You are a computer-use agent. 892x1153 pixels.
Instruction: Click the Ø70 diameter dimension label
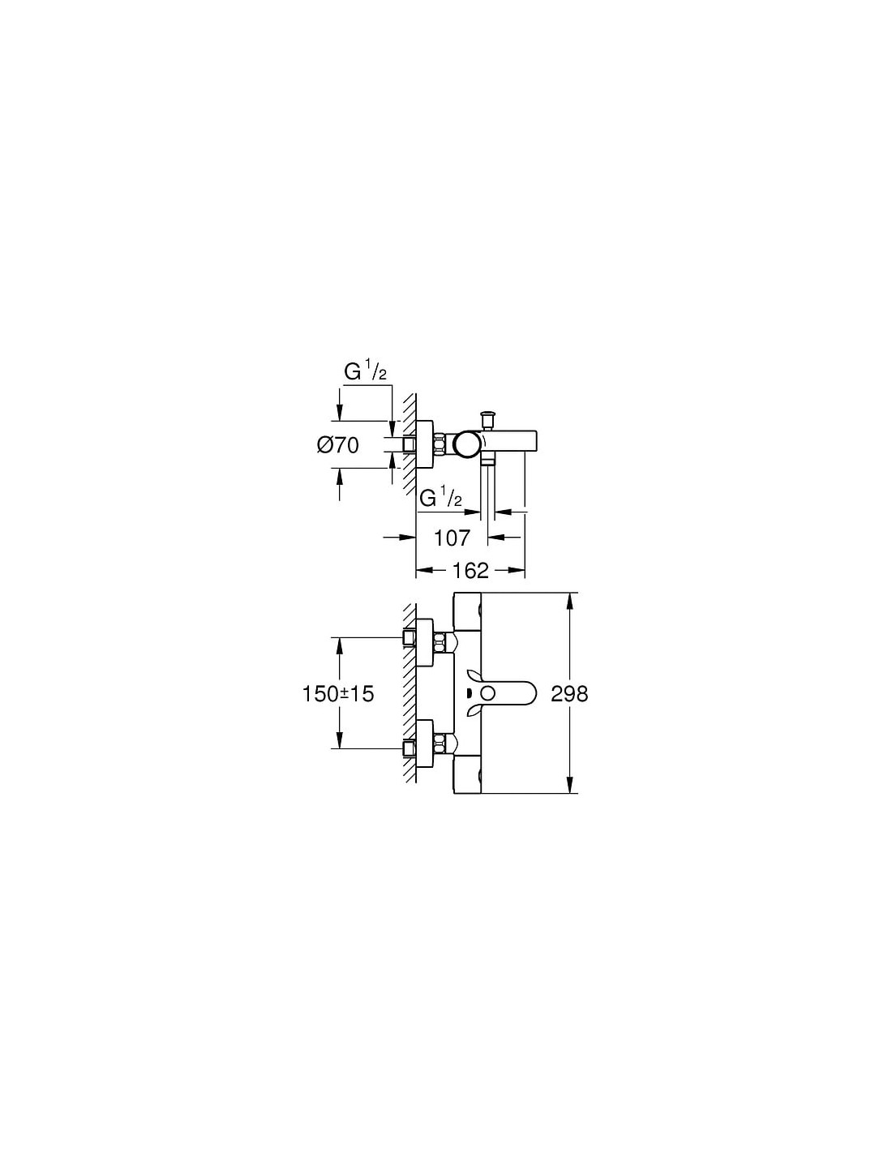point(338,445)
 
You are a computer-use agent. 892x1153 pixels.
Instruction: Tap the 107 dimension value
point(452,538)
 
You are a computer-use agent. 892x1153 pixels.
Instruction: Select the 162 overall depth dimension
point(470,570)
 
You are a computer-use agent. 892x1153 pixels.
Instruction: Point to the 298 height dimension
point(569,693)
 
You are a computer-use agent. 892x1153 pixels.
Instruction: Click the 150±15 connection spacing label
point(338,693)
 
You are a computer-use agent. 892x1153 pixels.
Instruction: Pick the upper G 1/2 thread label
point(366,372)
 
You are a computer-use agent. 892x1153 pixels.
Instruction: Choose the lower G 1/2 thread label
point(441,498)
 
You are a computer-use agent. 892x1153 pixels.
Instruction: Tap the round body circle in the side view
point(468,444)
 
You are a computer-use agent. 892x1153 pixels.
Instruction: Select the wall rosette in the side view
point(424,444)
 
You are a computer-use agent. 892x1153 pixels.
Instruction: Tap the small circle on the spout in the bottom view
point(489,693)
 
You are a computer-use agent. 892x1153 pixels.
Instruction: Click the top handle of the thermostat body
point(468,611)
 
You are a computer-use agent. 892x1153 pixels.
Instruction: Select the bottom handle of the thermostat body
point(468,774)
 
